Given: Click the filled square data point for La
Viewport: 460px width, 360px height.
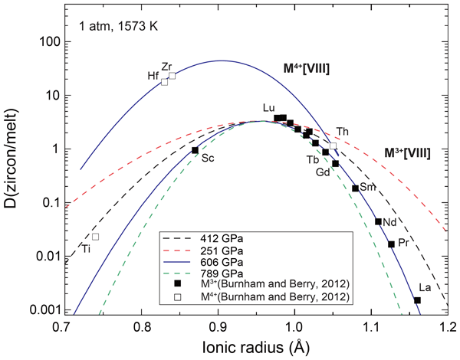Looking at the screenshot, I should [x=418, y=300].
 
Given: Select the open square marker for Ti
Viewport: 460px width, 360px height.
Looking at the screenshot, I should [x=95, y=237].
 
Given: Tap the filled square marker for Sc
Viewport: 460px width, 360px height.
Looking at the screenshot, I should [x=195, y=150].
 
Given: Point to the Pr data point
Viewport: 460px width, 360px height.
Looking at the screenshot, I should [x=391, y=244].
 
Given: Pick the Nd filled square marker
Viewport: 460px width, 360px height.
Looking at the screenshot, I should [x=378, y=222].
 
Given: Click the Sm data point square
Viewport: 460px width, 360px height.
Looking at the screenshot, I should [x=355, y=188].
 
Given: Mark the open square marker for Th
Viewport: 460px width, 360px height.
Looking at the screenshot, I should [x=333, y=146].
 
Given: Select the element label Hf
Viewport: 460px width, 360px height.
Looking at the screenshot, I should [x=153, y=76].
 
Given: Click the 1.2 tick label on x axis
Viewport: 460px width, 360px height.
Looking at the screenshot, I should [x=448, y=328].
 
